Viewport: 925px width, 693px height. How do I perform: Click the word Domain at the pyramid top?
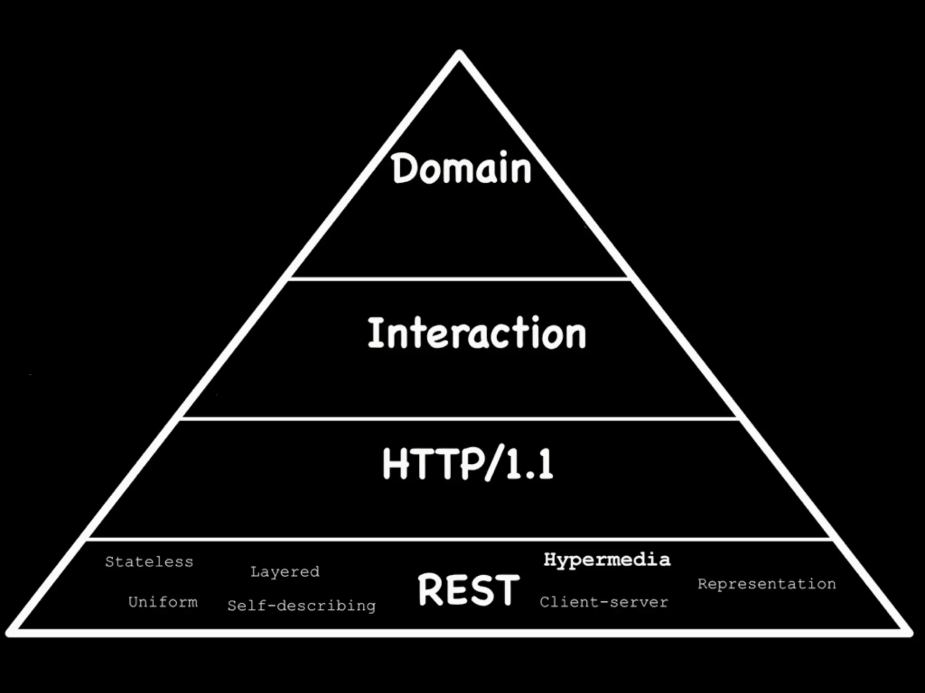pyautogui.click(x=462, y=168)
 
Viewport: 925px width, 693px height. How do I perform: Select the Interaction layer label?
pyautogui.click(x=477, y=333)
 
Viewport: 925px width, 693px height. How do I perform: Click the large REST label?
pyautogui.click(x=469, y=589)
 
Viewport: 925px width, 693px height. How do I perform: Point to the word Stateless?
pyautogui.click(x=149, y=562)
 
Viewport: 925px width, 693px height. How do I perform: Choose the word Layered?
pyautogui.click(x=285, y=572)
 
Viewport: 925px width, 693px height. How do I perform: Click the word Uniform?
pyautogui.click(x=163, y=602)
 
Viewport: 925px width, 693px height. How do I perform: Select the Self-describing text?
pyautogui.click(x=301, y=606)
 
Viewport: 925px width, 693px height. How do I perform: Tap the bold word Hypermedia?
pyautogui.click(x=607, y=560)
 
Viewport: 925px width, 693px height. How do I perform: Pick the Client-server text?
pyautogui.click(x=604, y=602)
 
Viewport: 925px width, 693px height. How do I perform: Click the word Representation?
pyautogui.click(x=766, y=584)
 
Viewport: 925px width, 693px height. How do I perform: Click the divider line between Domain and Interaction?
pyautogui.click(x=459, y=279)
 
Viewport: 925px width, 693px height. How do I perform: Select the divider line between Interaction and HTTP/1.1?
pyautogui.click(x=459, y=419)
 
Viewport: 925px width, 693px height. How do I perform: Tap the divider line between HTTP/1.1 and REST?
pyautogui.click(x=459, y=539)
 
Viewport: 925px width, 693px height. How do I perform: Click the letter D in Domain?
pyautogui.click(x=403, y=168)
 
